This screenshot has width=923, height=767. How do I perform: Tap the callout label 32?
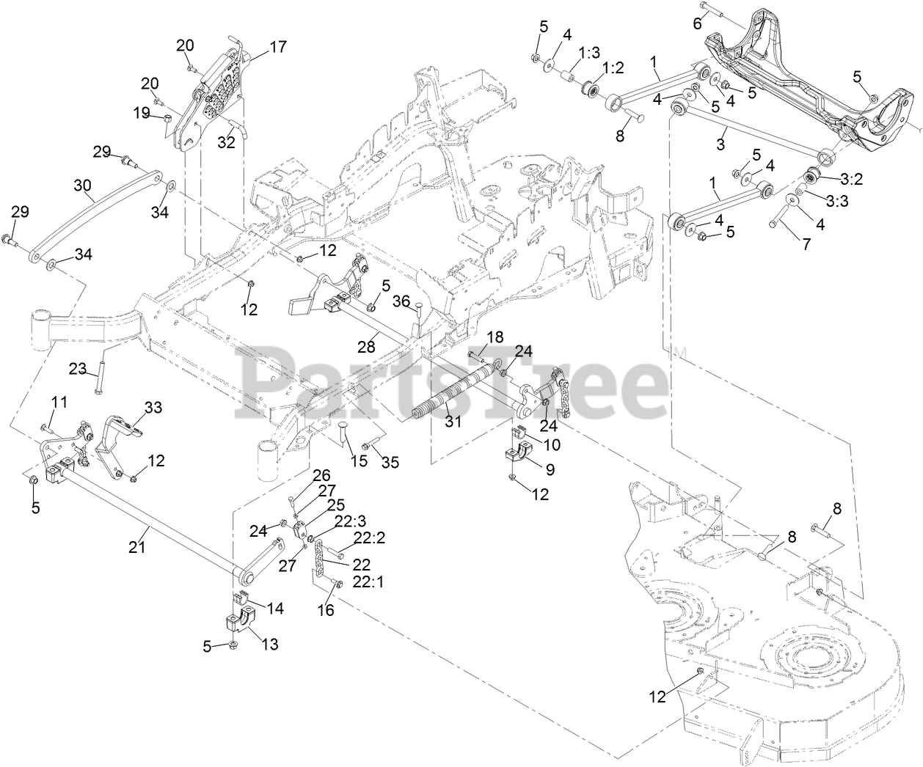[x=226, y=142]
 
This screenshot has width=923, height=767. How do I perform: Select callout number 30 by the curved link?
[x=84, y=186]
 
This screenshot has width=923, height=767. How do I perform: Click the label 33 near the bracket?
[x=153, y=407]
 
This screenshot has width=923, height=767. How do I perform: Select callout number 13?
[x=270, y=645]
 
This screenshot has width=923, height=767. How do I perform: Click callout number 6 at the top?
[x=697, y=23]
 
